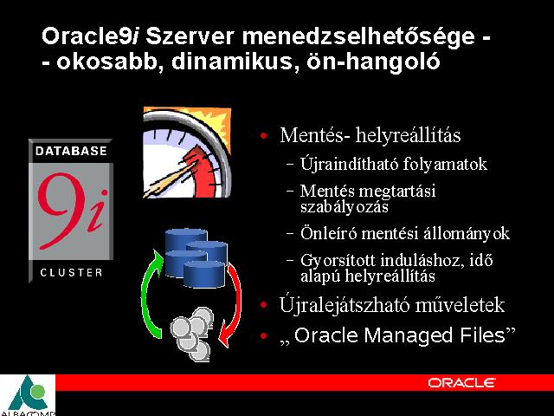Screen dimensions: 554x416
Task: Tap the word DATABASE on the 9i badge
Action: point(71,151)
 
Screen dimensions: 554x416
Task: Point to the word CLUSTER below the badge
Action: point(71,273)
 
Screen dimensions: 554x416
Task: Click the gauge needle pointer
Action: point(170,179)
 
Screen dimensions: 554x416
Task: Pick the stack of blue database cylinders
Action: point(196,257)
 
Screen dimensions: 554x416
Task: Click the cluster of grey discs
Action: point(192,334)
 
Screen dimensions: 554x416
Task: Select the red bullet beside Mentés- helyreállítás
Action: point(263,135)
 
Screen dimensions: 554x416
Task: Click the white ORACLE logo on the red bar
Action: point(461,383)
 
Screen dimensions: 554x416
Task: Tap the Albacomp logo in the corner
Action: point(28,395)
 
